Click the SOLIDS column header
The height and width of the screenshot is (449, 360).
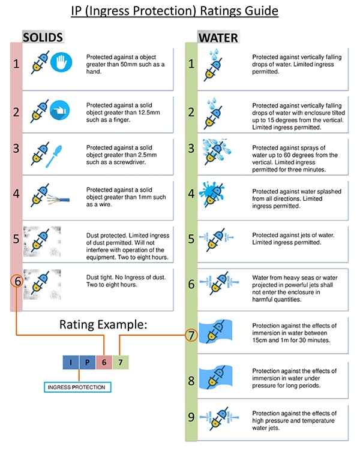pos(43,38)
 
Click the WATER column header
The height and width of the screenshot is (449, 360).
pos(218,38)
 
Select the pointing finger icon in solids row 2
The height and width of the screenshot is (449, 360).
pos(61,110)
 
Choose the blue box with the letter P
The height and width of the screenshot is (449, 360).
pos(86,363)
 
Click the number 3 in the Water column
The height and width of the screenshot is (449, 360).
pos(191,148)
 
